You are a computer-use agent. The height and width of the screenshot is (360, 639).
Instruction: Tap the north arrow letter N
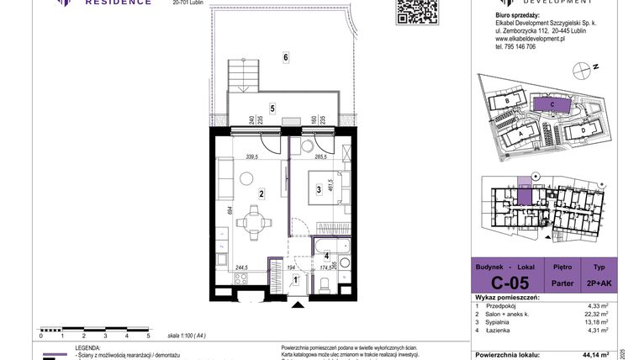594,66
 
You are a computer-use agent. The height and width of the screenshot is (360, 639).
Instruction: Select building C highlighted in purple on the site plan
551,104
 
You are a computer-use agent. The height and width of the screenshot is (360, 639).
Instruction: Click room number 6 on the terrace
286,57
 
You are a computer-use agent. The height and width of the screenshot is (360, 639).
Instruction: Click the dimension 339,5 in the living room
251,156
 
